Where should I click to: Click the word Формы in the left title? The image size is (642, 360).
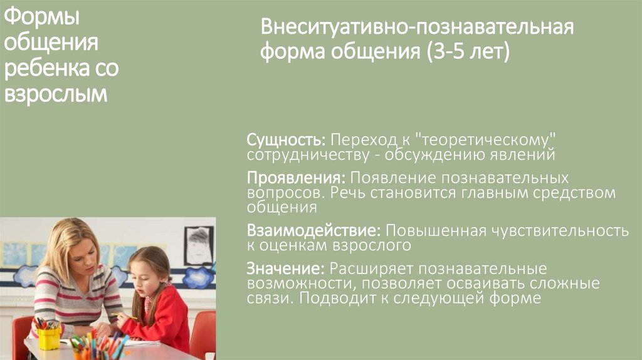43,18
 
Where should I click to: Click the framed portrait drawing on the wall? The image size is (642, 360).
198,245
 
